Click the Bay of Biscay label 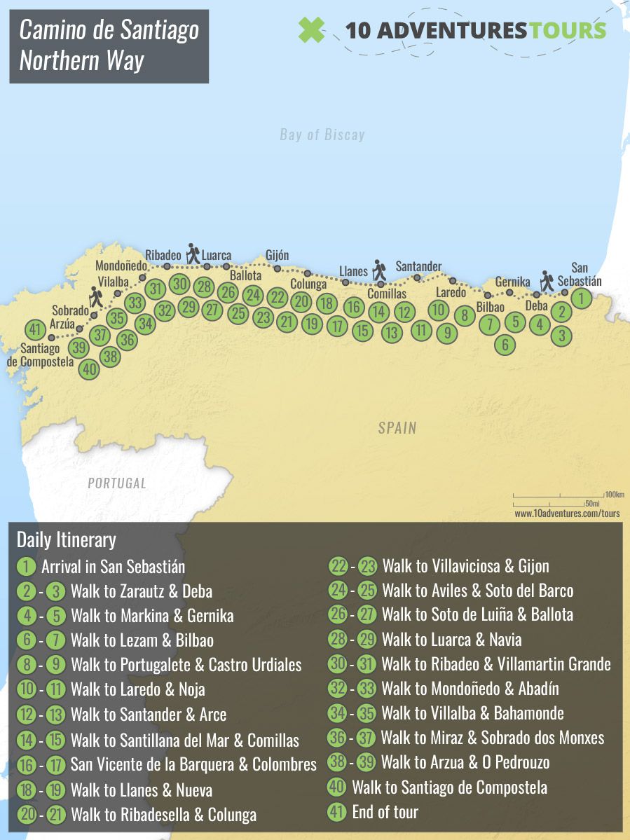tap(322, 135)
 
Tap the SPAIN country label tap(397, 427)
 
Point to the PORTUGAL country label tap(117, 483)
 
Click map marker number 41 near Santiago tap(34, 329)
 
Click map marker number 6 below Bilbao tap(505, 344)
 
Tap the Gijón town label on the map tap(277, 255)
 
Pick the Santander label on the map tap(418, 266)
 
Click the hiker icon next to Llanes tap(379, 270)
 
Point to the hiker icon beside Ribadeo tap(192, 253)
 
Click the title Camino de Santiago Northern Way tap(109, 46)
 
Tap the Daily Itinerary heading tap(66, 540)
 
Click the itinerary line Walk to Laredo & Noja tap(137, 689)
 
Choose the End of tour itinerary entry tap(385, 813)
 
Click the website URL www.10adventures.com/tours tap(567, 514)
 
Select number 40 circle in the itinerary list tap(336, 787)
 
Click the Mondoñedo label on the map tap(121, 266)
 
